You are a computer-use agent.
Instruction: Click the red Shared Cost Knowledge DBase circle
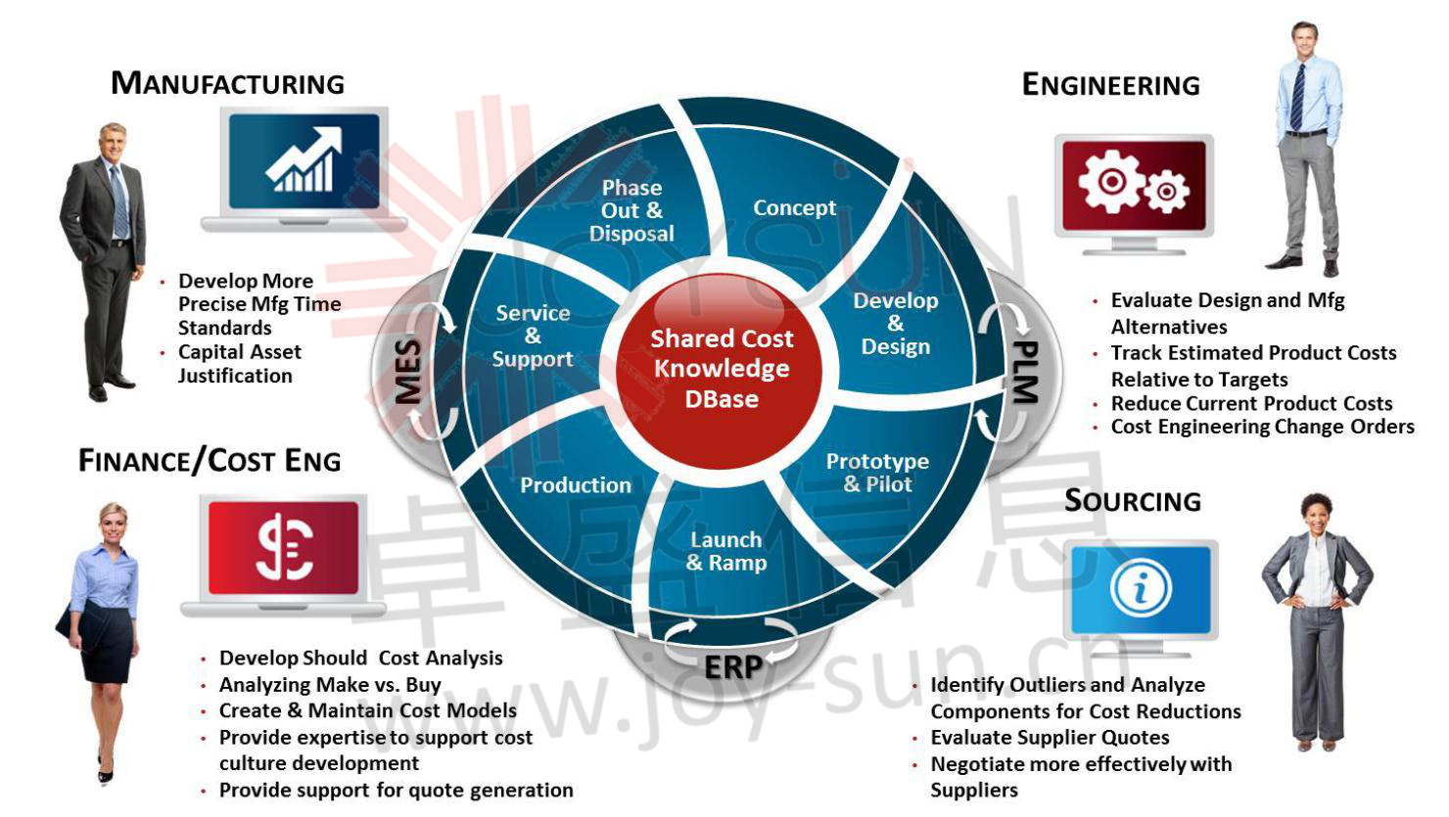(722, 369)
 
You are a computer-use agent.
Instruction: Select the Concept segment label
(794, 207)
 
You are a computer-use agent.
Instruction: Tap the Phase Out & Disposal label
(631, 210)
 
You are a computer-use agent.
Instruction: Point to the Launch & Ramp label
(725, 551)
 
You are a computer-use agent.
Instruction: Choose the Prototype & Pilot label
(877, 473)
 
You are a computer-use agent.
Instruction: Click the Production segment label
(576, 485)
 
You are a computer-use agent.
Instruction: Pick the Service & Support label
(533, 336)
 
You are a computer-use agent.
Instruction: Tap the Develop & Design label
(895, 324)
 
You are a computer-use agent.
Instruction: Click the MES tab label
(408, 372)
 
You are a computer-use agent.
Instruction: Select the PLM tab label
(1024, 372)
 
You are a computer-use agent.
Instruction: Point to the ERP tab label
(732, 667)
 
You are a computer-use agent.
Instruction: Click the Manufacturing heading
(227, 83)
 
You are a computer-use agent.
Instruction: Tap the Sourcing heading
(1133, 501)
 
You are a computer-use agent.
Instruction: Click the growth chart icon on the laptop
(304, 160)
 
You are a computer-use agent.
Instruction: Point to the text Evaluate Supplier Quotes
(1050, 738)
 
